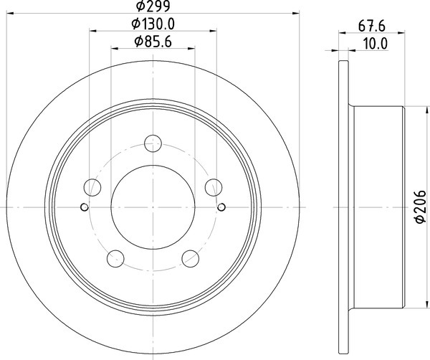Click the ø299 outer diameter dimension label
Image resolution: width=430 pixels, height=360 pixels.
153,6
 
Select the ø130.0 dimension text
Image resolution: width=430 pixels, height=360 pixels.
153,24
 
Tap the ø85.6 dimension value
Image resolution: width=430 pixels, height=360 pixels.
153,42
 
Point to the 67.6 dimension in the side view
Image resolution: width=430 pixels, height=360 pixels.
372,27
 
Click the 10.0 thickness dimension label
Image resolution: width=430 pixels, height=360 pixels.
376,44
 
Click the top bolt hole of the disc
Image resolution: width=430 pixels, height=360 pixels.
153,143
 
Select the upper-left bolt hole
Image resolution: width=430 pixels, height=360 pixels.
92,187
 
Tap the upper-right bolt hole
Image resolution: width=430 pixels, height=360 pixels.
214,187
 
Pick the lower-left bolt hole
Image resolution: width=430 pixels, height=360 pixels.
115,258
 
